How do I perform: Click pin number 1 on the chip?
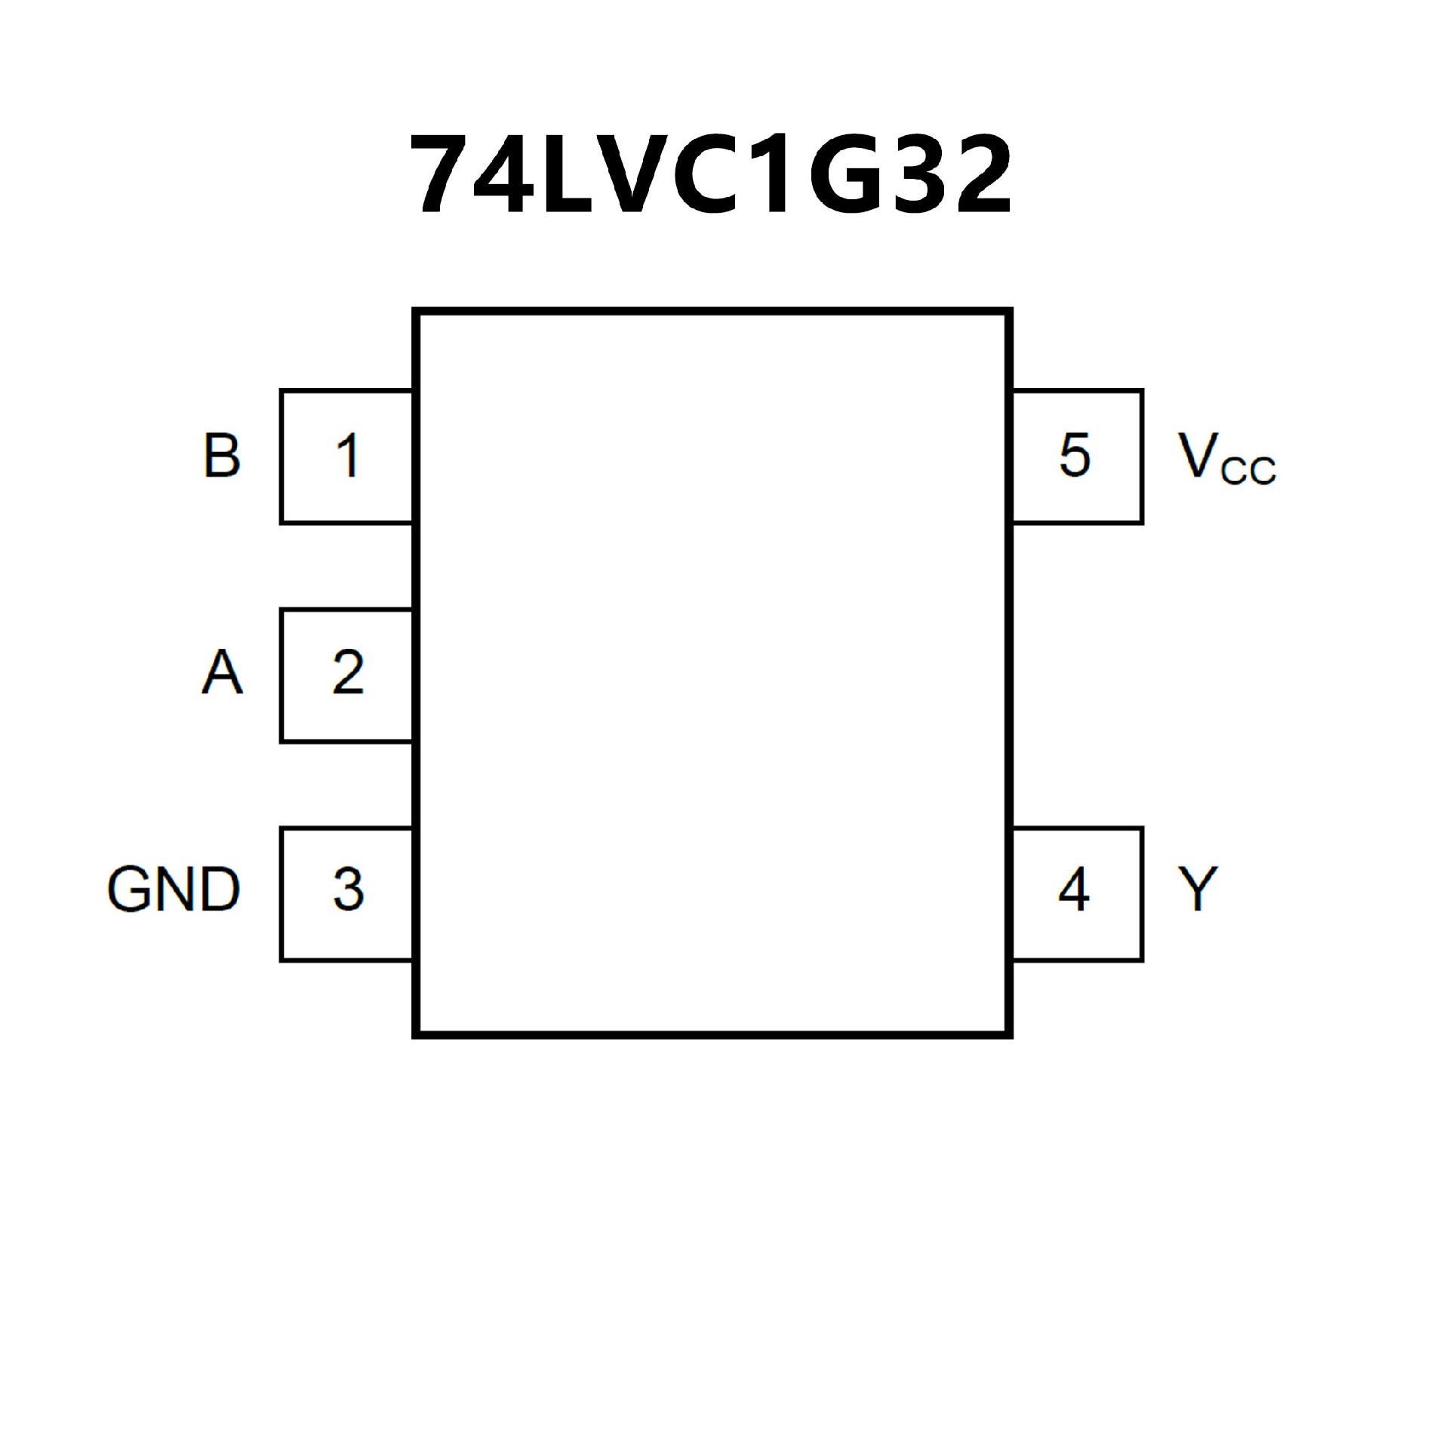pyautogui.click(x=347, y=456)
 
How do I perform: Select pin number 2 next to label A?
pyautogui.click(x=347, y=672)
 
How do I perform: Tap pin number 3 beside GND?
pyautogui.click(x=347, y=889)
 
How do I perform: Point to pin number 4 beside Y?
pyautogui.click(x=1074, y=889)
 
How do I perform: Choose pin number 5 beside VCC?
pyautogui.click(x=1075, y=456)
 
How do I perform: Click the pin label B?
pyautogui.click(x=221, y=456)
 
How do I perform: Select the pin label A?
pyautogui.click(x=222, y=672)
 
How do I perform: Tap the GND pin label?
pyautogui.click(x=174, y=889)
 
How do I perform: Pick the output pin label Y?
pyautogui.click(x=1198, y=889)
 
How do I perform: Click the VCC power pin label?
pyautogui.click(x=1225, y=459)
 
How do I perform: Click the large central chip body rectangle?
pyautogui.click(x=712, y=672)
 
